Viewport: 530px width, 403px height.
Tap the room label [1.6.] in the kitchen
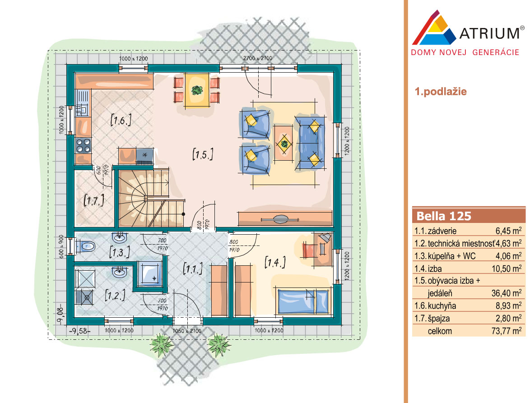[x=121, y=120]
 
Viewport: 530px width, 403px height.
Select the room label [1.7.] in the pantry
[x=93, y=200]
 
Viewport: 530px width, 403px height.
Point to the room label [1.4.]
[x=275, y=262]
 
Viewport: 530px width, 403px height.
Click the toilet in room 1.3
[x=85, y=246]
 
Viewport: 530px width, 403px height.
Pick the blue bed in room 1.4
[x=303, y=301]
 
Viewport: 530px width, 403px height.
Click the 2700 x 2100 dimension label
[x=258, y=58]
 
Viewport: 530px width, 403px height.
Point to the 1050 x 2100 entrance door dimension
[x=187, y=331]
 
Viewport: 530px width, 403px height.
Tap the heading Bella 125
[x=444, y=216]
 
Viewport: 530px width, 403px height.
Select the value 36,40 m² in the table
[x=507, y=292]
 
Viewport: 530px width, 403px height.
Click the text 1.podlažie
[x=441, y=92]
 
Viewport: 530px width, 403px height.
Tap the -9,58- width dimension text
[x=80, y=331]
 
